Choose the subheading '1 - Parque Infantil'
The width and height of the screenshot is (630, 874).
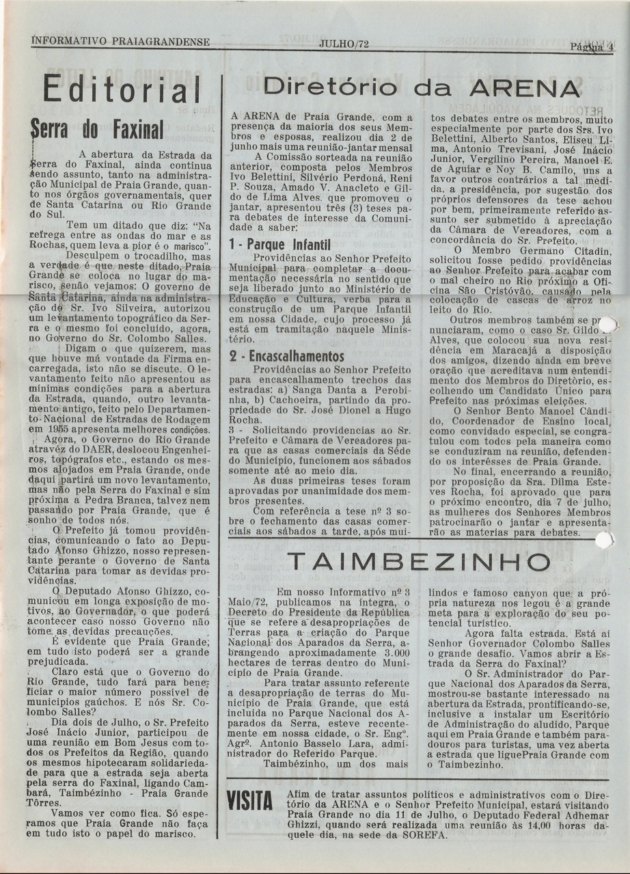(279, 243)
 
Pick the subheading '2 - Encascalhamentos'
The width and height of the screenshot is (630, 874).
(286, 356)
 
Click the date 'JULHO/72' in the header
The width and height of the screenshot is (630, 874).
(344, 44)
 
